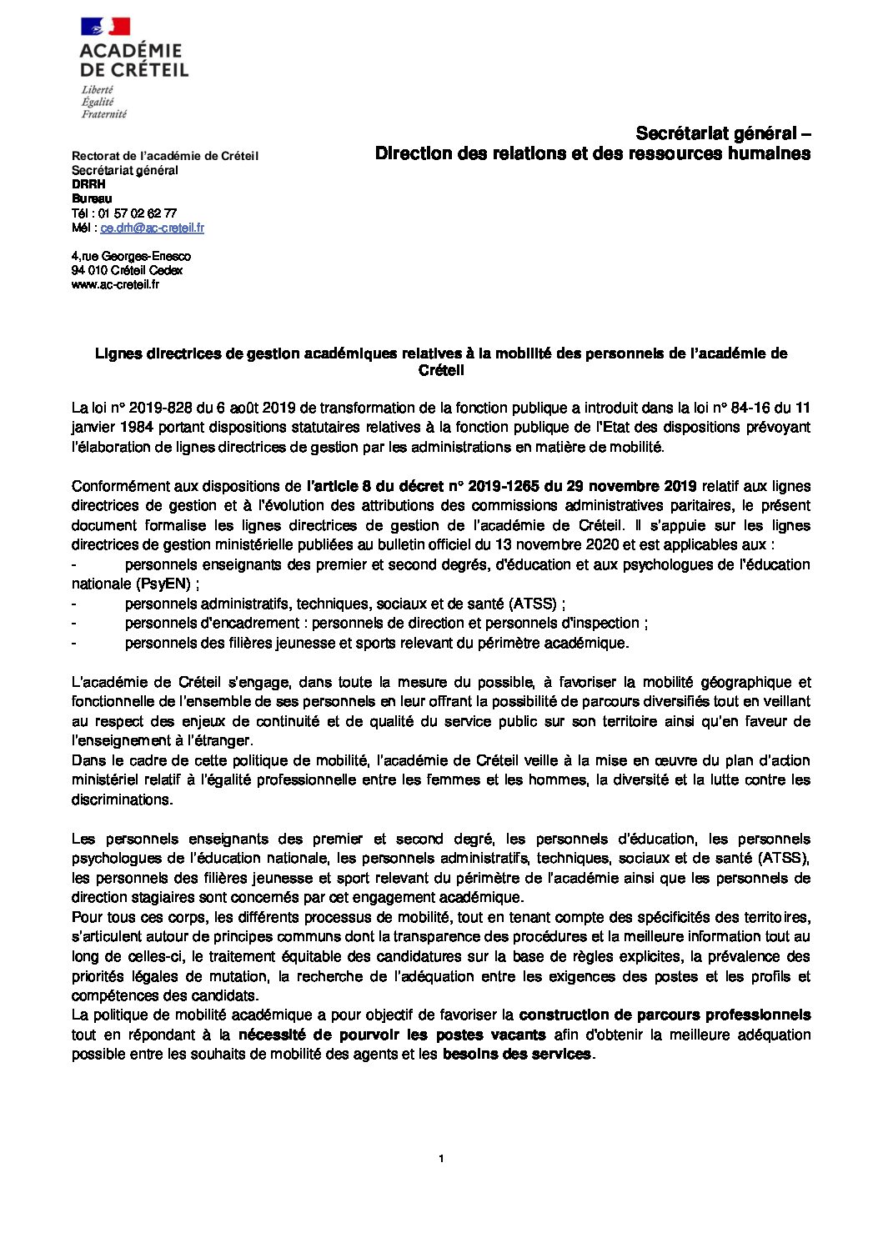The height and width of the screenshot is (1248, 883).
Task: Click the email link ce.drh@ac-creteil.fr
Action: [152, 228]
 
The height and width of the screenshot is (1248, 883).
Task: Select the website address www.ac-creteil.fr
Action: [115, 284]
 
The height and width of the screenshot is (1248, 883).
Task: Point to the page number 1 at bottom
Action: [441, 1159]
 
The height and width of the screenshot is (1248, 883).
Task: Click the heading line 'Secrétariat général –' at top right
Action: [723, 133]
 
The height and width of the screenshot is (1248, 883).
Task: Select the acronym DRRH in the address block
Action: [88, 184]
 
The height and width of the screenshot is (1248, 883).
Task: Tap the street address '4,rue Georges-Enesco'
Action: [131, 256]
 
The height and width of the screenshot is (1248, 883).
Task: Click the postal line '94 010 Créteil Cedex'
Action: [127, 270]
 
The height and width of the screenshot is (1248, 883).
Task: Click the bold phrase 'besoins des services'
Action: [516, 1054]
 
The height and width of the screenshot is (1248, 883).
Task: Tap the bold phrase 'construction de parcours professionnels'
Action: [665, 1015]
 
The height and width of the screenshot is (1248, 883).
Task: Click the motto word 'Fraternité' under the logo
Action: [104, 113]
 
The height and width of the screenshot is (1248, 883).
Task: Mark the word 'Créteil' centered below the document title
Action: [441, 369]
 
